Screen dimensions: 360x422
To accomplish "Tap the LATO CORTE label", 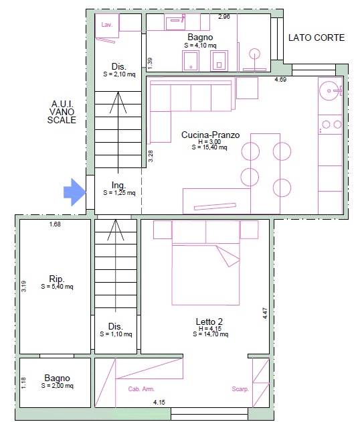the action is [x=317, y=38].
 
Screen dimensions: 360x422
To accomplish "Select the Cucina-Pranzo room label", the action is [x=210, y=135].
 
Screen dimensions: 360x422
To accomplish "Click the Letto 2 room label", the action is [x=209, y=322].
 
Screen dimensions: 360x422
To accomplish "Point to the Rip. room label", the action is [x=57, y=279].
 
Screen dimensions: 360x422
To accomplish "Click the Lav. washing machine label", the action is [x=107, y=25].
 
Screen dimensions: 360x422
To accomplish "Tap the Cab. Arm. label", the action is [x=141, y=389].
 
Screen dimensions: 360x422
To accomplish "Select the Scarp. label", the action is [x=240, y=389].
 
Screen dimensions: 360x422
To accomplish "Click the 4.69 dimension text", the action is [x=280, y=80].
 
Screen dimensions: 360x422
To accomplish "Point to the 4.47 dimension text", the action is [x=265, y=313].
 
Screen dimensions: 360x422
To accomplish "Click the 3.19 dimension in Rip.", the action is [x=23, y=287].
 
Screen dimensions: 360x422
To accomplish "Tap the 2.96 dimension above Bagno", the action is [x=224, y=17].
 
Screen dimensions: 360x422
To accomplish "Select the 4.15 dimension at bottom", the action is [x=159, y=403].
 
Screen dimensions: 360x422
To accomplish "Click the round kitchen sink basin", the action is [x=329, y=90].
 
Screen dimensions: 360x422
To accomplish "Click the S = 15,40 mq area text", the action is [x=209, y=147].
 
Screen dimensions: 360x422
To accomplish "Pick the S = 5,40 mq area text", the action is [x=57, y=287].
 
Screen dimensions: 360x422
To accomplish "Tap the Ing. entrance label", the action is [x=118, y=185].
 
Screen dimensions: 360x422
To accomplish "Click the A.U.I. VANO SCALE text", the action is [x=62, y=112].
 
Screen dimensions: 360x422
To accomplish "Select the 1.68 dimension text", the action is [x=55, y=224].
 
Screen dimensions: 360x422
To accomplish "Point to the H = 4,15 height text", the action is [x=210, y=329].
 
